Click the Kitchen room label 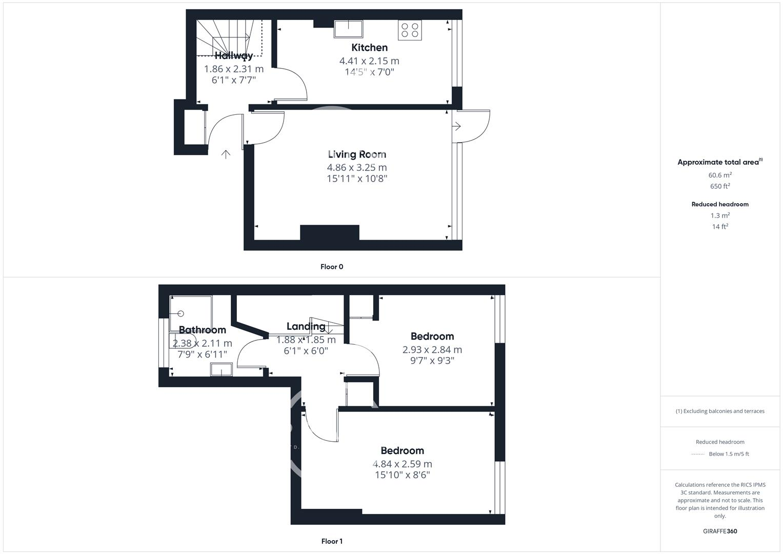click(x=369, y=48)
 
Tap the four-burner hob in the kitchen click(x=409, y=30)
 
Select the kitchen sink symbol click(x=348, y=29)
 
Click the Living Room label click(x=357, y=154)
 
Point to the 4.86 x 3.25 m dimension click(x=357, y=167)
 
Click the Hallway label click(x=234, y=56)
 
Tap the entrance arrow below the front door click(x=226, y=154)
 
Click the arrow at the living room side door click(x=456, y=126)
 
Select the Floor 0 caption click(x=332, y=267)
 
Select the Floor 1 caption click(x=332, y=541)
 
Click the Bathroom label click(x=202, y=330)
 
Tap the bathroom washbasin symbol click(x=222, y=369)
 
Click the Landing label click(x=306, y=326)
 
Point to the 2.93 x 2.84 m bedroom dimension click(x=432, y=350)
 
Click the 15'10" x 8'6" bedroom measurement click(x=402, y=475)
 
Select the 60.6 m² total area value click(x=720, y=175)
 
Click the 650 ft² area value click(x=720, y=186)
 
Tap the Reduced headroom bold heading click(x=720, y=204)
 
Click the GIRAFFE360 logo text click(x=720, y=531)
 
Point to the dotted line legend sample click(x=698, y=454)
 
